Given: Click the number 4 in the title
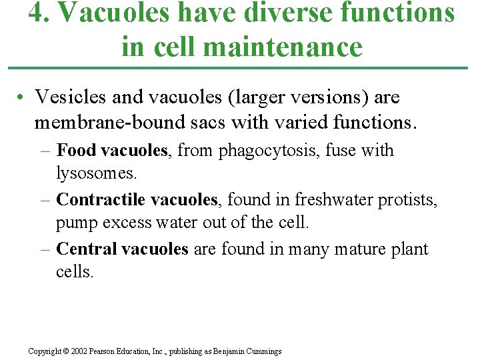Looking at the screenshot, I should [x=35, y=13].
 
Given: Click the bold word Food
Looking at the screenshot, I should [x=76, y=151].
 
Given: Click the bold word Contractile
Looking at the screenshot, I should [x=101, y=199].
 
